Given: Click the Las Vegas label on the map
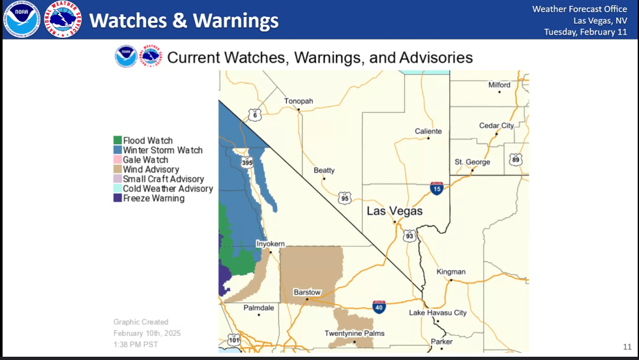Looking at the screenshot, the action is tap(394, 211).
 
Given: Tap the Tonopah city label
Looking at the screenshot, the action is tap(299, 101).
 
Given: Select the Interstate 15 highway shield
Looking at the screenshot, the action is tap(437, 189).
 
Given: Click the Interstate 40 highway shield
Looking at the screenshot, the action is tap(379, 306).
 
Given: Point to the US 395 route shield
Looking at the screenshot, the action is tap(247, 162).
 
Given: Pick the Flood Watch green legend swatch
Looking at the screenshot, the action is tap(117, 140).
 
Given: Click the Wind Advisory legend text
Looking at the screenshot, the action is tap(151, 170).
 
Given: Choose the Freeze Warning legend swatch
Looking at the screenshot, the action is tap(117, 198).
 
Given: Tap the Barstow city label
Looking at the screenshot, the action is tap(307, 292).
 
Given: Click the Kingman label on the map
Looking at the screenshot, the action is tap(451, 272).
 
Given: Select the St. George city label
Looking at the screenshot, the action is tap(472, 162).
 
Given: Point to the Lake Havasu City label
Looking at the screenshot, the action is tap(438, 313).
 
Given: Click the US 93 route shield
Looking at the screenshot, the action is tap(409, 235).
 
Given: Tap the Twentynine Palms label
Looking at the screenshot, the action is tap(354, 333).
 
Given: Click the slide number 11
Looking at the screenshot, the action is tap(627, 346).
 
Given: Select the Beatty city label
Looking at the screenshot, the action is tap(324, 171).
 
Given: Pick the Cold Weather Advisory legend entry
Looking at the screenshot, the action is tap(168, 188).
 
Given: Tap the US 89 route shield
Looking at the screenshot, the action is tap(516, 158).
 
